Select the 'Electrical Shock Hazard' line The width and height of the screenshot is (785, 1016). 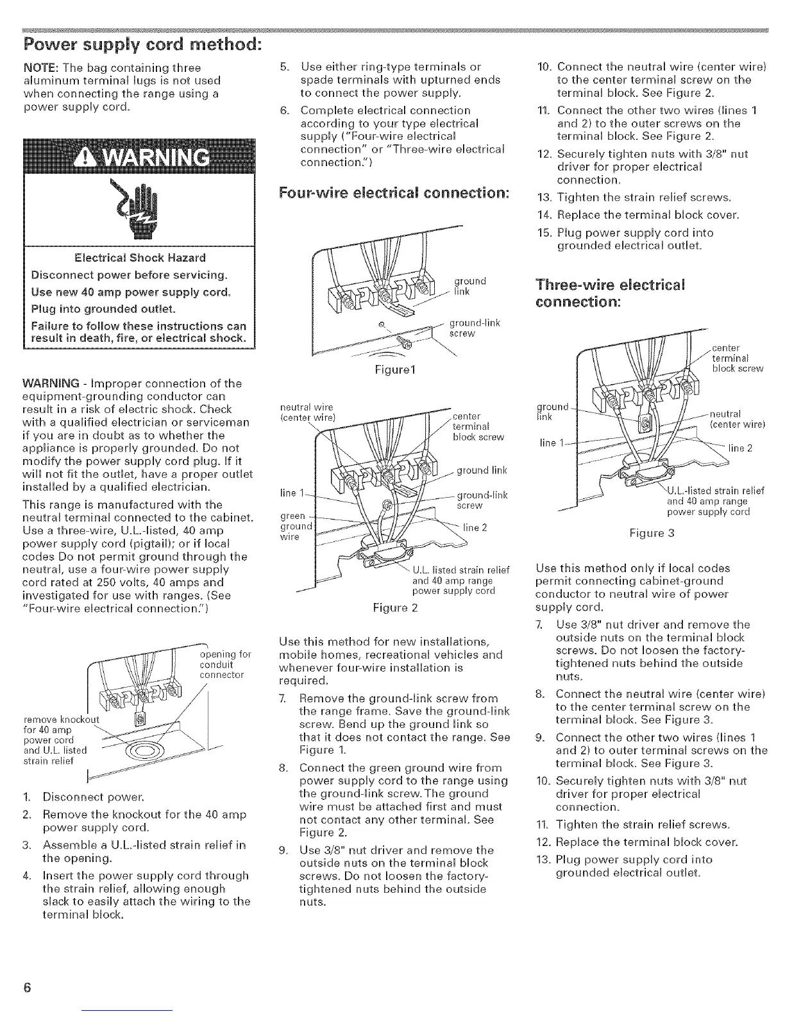(140, 258)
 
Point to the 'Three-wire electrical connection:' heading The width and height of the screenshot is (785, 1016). (609, 292)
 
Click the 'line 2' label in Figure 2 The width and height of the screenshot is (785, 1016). (475, 527)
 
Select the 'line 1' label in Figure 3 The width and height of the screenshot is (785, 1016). (547, 445)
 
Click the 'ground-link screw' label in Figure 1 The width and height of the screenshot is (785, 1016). (474, 328)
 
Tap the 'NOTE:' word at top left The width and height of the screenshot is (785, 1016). (39, 67)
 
